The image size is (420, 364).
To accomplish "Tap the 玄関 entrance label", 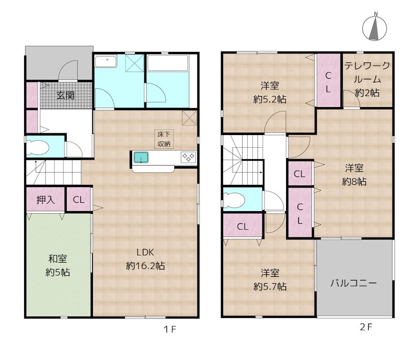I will coord(66,96).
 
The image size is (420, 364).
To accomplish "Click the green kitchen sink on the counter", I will coord(141,157).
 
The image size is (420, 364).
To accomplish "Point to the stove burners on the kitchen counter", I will coord(188,156).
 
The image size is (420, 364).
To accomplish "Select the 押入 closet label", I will coord(45,200).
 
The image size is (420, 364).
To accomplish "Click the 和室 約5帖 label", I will coord(57,265).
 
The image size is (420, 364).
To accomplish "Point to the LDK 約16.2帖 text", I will coord(145,259).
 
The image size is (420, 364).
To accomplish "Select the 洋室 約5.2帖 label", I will coord(269,92).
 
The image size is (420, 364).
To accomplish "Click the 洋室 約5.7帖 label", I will coord(269,279).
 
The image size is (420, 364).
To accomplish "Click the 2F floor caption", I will coord(365,327).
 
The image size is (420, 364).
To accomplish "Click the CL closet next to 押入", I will coord(78,200).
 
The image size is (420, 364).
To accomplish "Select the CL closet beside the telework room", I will coord(328,81).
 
